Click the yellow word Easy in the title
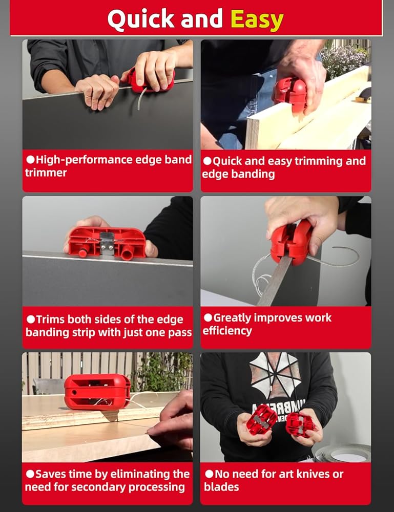[257, 19]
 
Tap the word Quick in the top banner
[141, 19]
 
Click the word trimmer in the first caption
[46, 173]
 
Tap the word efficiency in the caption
[227, 331]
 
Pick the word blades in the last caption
[221, 487]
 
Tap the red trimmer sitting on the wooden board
[97, 392]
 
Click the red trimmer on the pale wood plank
[290, 94]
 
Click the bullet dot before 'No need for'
[210, 474]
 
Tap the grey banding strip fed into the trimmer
[275, 280]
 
